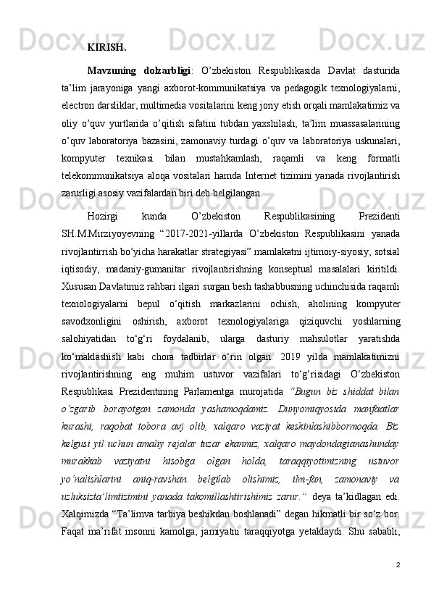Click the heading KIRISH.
(x=106, y=49)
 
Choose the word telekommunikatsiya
(x=109, y=176)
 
